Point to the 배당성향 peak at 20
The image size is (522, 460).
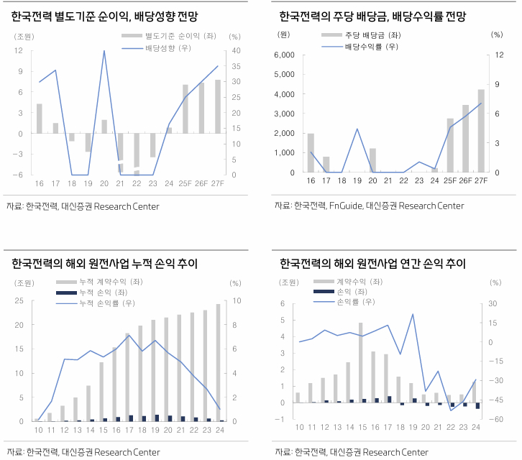click(104, 51)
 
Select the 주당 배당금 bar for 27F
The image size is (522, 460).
click(481, 131)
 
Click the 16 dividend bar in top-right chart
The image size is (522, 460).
click(311, 153)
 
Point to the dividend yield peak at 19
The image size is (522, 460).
click(357, 129)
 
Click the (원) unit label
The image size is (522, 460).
click(284, 34)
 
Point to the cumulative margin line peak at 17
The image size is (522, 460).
click(128, 335)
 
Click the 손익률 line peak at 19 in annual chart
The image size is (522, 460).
click(413, 314)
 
